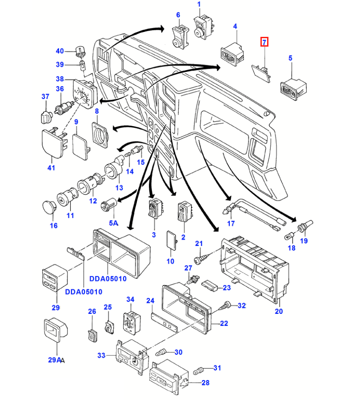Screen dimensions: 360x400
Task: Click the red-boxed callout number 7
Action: point(264,42)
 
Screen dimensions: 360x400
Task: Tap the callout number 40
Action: point(60,51)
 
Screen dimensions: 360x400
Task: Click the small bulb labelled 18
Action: point(289,237)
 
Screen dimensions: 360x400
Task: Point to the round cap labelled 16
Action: point(49,206)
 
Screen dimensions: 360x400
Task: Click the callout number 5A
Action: point(114,223)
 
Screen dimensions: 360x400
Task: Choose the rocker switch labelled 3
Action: point(156,208)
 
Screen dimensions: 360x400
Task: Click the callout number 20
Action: point(279,311)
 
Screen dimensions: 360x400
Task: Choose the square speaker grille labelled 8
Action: point(100,135)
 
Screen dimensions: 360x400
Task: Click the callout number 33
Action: point(101,355)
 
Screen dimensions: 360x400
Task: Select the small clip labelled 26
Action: point(93,335)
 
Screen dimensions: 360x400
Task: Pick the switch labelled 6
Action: point(180,37)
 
